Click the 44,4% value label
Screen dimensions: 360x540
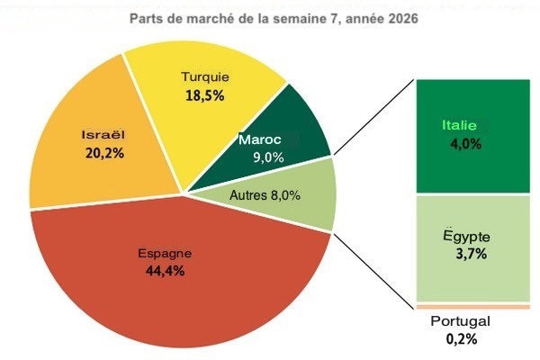coord(165,271)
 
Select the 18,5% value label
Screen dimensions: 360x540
coord(205,94)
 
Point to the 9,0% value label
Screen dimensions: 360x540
coord(268,157)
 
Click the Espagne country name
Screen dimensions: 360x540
coord(165,253)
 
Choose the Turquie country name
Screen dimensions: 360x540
coord(205,76)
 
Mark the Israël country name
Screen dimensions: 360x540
coord(103,134)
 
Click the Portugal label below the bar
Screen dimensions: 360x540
coord(459,321)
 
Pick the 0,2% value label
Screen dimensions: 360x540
coord(462,339)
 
